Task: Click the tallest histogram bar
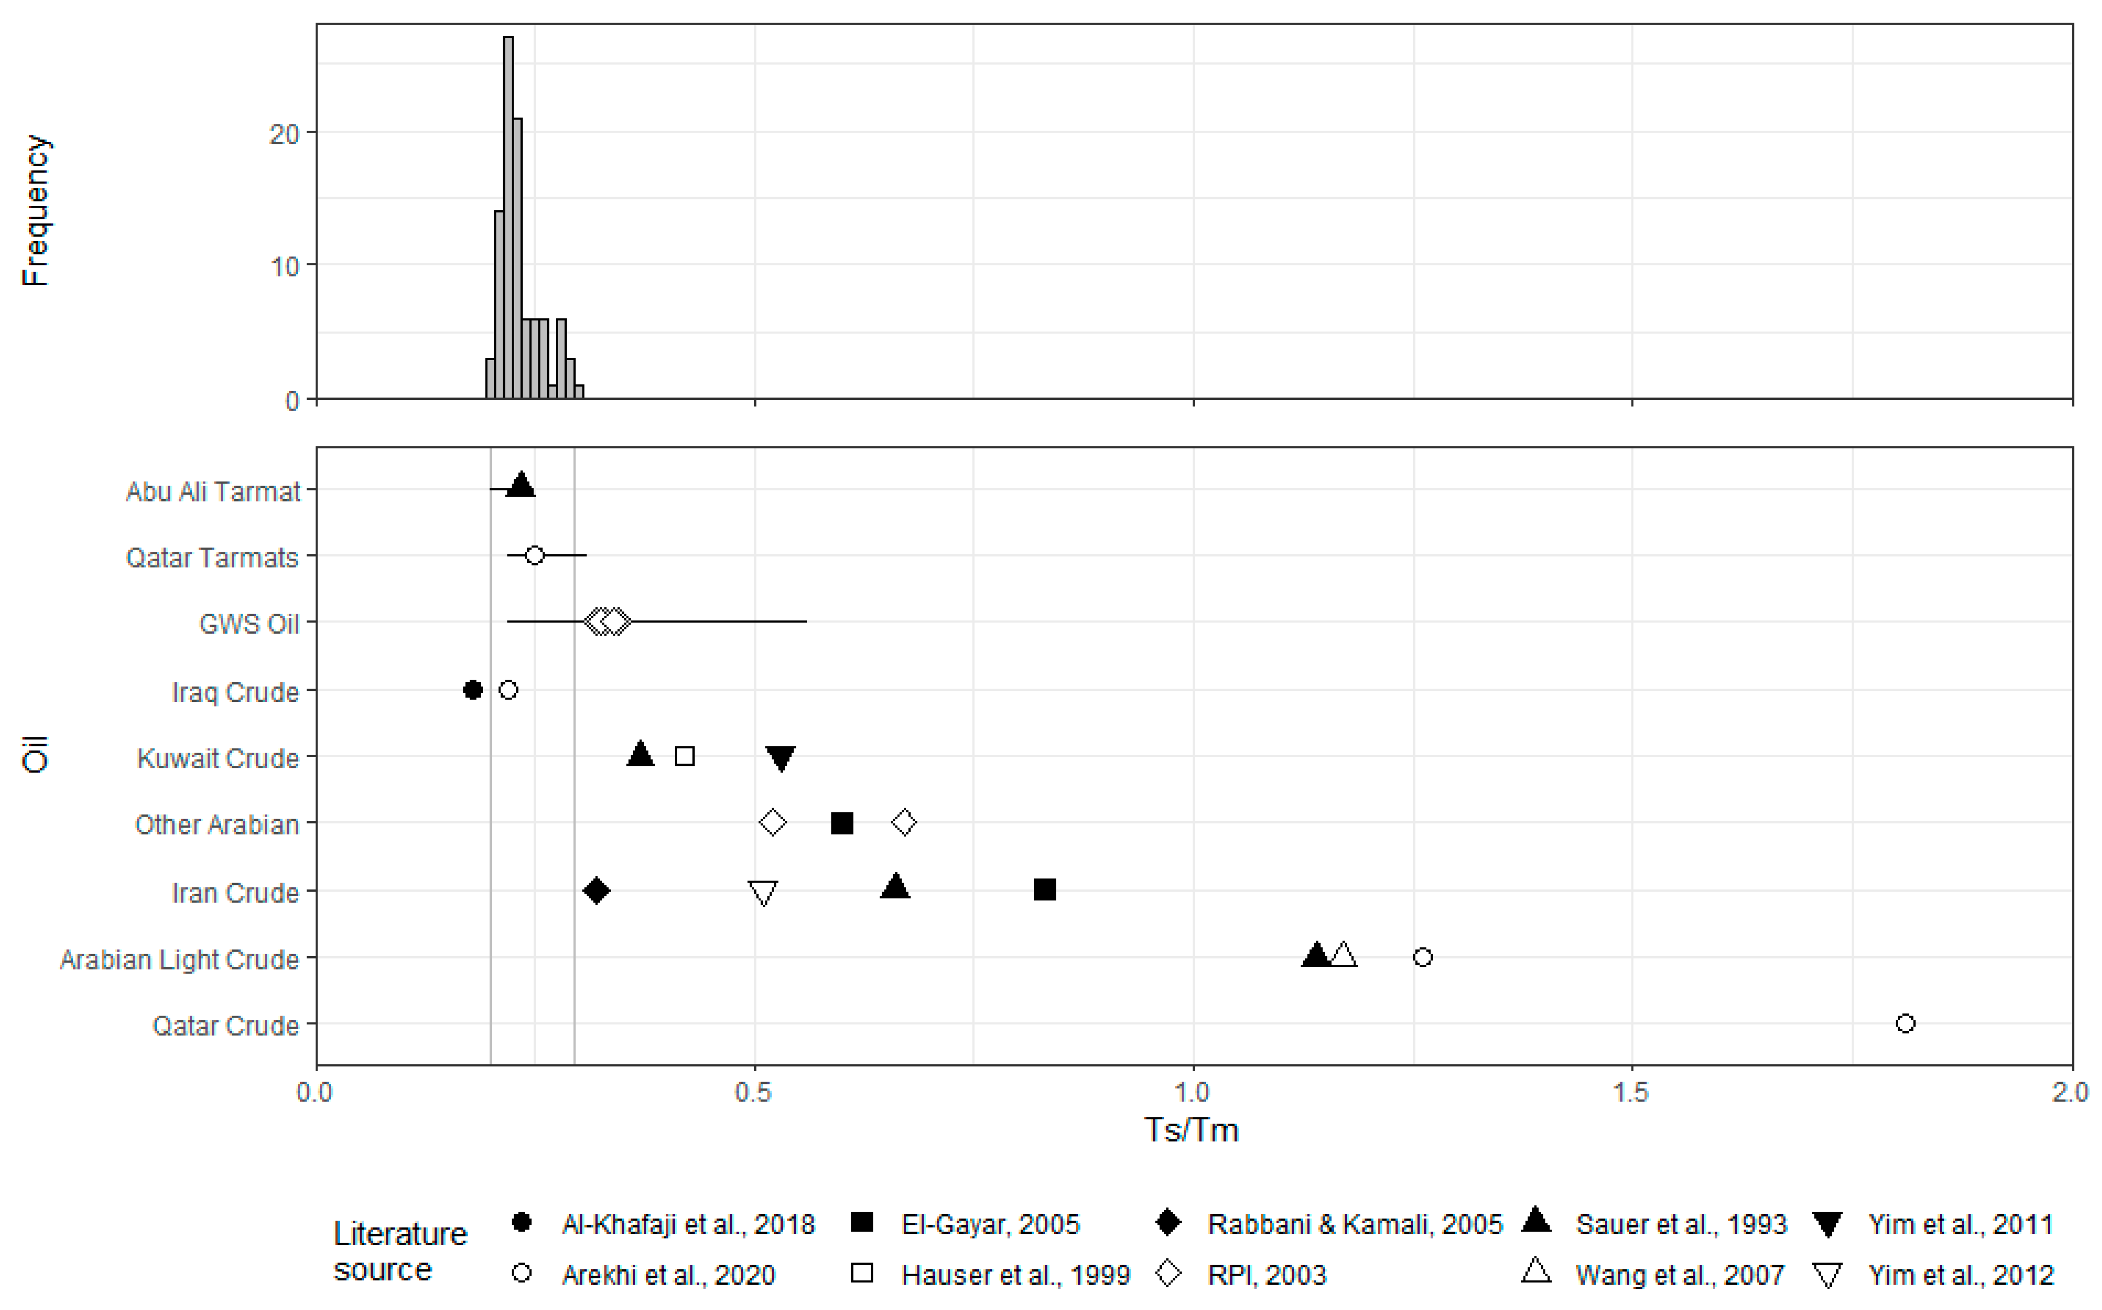[x=508, y=216]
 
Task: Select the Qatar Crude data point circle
[x=1904, y=1023]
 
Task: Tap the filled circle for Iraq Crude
[x=472, y=690]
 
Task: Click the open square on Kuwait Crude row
[x=685, y=756]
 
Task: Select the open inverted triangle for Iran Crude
[x=762, y=892]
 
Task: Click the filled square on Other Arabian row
[x=841, y=823]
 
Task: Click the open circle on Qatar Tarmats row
[x=534, y=554]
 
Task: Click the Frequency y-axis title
[x=35, y=211]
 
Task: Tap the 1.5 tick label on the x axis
[x=1630, y=1092]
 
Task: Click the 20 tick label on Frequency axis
[x=284, y=134]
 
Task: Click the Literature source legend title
[x=399, y=1250]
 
